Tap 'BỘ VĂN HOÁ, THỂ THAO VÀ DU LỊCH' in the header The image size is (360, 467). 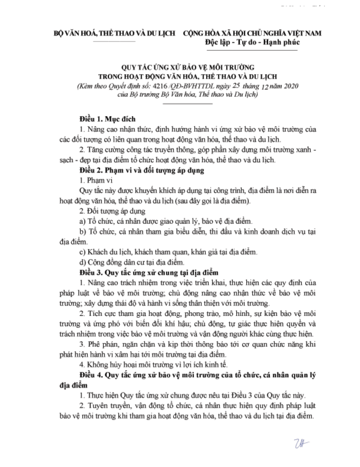tap(114, 33)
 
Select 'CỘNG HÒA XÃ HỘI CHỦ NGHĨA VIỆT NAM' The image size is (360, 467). tap(252, 33)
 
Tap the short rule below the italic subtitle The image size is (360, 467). tap(188, 104)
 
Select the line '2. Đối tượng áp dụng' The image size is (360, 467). tap(112, 211)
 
